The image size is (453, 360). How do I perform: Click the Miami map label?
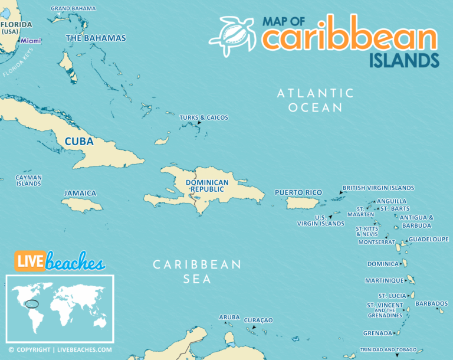(x=31, y=41)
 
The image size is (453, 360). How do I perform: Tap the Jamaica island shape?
(x=82, y=205)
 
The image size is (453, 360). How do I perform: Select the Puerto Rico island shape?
(x=302, y=203)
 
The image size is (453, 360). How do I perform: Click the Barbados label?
(x=431, y=303)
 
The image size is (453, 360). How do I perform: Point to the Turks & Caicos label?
(x=203, y=117)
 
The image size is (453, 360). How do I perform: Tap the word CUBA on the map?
(x=79, y=142)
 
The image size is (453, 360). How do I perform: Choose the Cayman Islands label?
(x=28, y=180)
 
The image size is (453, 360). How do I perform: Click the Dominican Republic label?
(x=207, y=186)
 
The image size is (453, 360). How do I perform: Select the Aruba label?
(x=229, y=317)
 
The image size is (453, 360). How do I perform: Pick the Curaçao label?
(x=258, y=320)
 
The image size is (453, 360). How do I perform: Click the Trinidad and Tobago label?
(x=388, y=349)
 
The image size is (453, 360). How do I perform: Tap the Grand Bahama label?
(x=73, y=8)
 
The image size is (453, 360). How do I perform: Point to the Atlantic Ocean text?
(x=316, y=100)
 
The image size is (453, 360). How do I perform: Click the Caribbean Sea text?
(x=197, y=271)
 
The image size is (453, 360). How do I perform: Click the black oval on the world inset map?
(x=33, y=305)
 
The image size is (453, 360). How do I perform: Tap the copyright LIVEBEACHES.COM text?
(x=60, y=349)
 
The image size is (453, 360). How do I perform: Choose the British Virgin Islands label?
(x=378, y=188)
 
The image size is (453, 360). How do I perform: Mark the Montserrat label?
(x=376, y=242)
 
